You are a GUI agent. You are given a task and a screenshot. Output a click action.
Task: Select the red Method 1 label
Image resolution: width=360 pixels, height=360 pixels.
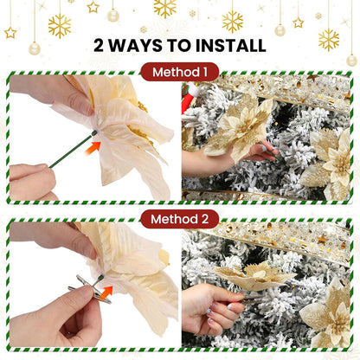[180, 72]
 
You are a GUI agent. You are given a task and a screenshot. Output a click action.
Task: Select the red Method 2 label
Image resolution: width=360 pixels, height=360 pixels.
[180, 219]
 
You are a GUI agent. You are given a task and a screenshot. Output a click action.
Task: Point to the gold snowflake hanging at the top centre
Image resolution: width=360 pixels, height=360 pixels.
[164, 8]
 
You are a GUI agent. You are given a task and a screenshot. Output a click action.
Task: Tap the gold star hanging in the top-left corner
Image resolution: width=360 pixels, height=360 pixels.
[10, 32]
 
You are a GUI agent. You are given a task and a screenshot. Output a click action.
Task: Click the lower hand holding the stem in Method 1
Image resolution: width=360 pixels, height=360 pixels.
[31, 180]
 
